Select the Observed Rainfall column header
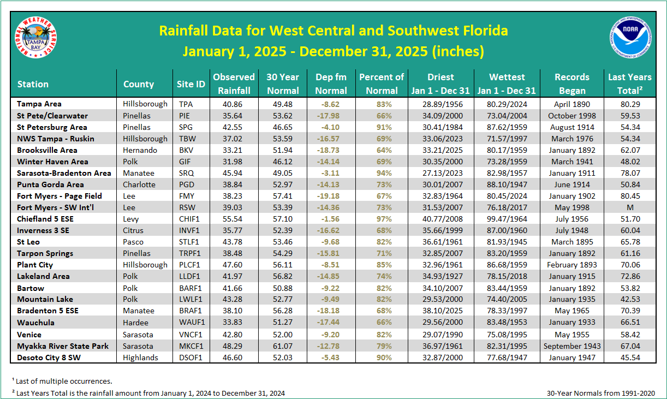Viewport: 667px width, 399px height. click(x=234, y=84)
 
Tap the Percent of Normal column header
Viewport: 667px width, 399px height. click(x=382, y=84)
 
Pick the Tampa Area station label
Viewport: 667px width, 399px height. click(x=39, y=104)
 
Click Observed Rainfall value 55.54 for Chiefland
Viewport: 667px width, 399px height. click(x=234, y=219)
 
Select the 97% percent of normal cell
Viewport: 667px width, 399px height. click(x=382, y=219)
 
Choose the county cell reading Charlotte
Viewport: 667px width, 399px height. click(x=138, y=184)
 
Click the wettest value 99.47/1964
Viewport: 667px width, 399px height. click(x=507, y=219)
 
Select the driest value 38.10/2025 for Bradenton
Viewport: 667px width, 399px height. click(x=441, y=311)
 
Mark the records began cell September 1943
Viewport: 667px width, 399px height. click(x=571, y=346)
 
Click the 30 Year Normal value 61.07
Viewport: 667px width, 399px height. click(x=283, y=346)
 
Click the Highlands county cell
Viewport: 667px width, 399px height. click(x=140, y=358)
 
